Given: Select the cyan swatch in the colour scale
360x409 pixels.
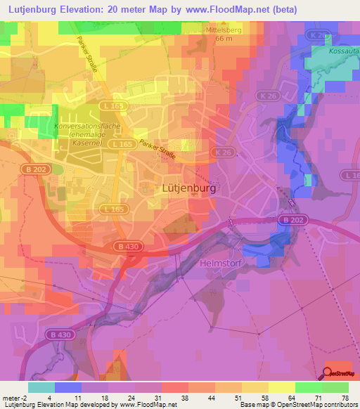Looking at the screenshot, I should (41, 387).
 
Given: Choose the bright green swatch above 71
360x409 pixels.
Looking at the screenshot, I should (309, 387).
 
